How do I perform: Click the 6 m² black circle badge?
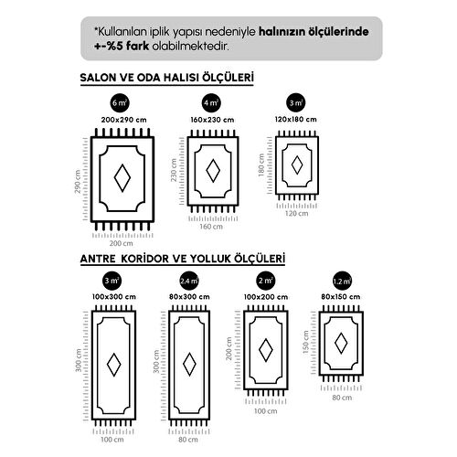(x=120, y=103)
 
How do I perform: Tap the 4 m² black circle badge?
(x=211, y=103)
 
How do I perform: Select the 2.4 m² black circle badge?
(x=189, y=281)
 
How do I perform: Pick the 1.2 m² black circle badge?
(x=342, y=281)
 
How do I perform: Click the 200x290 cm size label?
(x=124, y=120)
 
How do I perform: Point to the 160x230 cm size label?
(x=212, y=120)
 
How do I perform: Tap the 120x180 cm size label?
(x=296, y=120)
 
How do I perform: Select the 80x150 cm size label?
(x=341, y=297)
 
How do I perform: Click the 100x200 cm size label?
(x=266, y=297)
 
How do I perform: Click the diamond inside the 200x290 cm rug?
(x=122, y=178)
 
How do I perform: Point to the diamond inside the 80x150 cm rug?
(x=341, y=344)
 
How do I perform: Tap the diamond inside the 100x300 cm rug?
(x=114, y=365)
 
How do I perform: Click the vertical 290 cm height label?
(x=78, y=182)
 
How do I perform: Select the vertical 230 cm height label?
(x=174, y=170)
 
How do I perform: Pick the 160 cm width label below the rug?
(x=211, y=227)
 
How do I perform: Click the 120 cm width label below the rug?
(x=296, y=214)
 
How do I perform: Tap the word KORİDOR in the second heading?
(x=145, y=259)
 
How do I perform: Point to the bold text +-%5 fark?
(x=122, y=47)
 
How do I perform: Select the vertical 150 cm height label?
(x=306, y=342)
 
